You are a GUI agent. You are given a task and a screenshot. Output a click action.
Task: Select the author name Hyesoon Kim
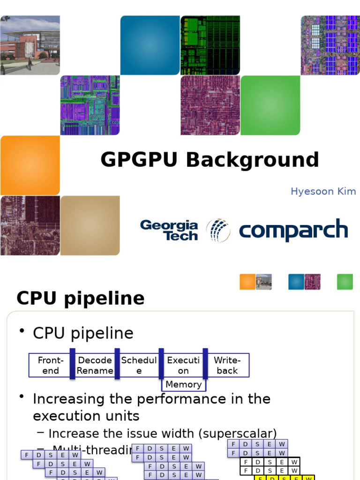tap(323, 191)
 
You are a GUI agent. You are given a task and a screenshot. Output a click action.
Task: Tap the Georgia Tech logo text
tap(169, 230)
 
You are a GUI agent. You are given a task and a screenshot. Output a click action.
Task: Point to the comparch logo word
tap(293, 231)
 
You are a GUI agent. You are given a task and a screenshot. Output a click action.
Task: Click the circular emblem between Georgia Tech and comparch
tap(218, 230)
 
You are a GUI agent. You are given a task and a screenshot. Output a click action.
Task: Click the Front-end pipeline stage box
tap(50, 365)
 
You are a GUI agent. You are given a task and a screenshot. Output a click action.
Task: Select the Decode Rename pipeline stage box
tap(95, 365)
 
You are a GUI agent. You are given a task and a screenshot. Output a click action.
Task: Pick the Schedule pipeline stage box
tap(139, 365)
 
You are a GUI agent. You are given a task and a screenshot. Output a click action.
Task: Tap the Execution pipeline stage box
tap(183, 365)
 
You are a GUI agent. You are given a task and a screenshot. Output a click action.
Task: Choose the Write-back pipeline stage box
tap(227, 365)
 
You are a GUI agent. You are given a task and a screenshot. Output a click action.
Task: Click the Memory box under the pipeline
tap(183, 384)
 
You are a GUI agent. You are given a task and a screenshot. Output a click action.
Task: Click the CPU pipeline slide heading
tap(81, 298)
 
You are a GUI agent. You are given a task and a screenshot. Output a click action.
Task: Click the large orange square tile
tap(30, 165)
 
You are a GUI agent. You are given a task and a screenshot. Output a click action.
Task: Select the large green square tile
tap(270, 105)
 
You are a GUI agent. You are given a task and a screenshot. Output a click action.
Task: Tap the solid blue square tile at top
tap(150, 45)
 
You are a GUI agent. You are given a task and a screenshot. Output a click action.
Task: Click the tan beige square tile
tap(90, 225)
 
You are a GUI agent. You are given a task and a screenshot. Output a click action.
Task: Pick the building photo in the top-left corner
tap(30, 45)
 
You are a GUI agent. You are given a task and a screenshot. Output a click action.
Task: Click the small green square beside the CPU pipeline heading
tap(345, 282)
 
